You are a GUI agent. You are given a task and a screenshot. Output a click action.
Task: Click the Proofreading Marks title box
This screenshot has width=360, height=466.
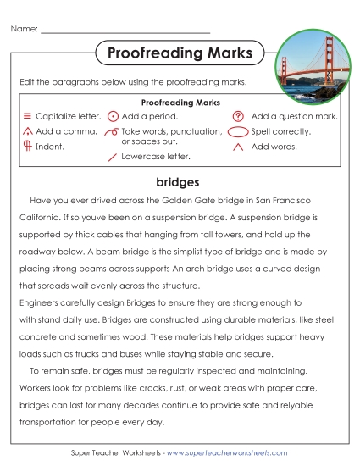pos(180,53)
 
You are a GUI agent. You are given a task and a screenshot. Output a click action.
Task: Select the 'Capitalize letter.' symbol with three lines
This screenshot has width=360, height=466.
pos(27,115)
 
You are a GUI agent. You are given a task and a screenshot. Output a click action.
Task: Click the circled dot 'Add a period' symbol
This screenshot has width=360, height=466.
pos(113,115)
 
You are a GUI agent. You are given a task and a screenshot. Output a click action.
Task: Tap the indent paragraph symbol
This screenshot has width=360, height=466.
pos(27,146)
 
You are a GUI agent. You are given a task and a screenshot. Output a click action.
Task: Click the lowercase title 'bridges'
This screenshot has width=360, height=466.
pos(178,182)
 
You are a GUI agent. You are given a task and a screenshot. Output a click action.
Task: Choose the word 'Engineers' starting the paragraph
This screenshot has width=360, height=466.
pos(40,302)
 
